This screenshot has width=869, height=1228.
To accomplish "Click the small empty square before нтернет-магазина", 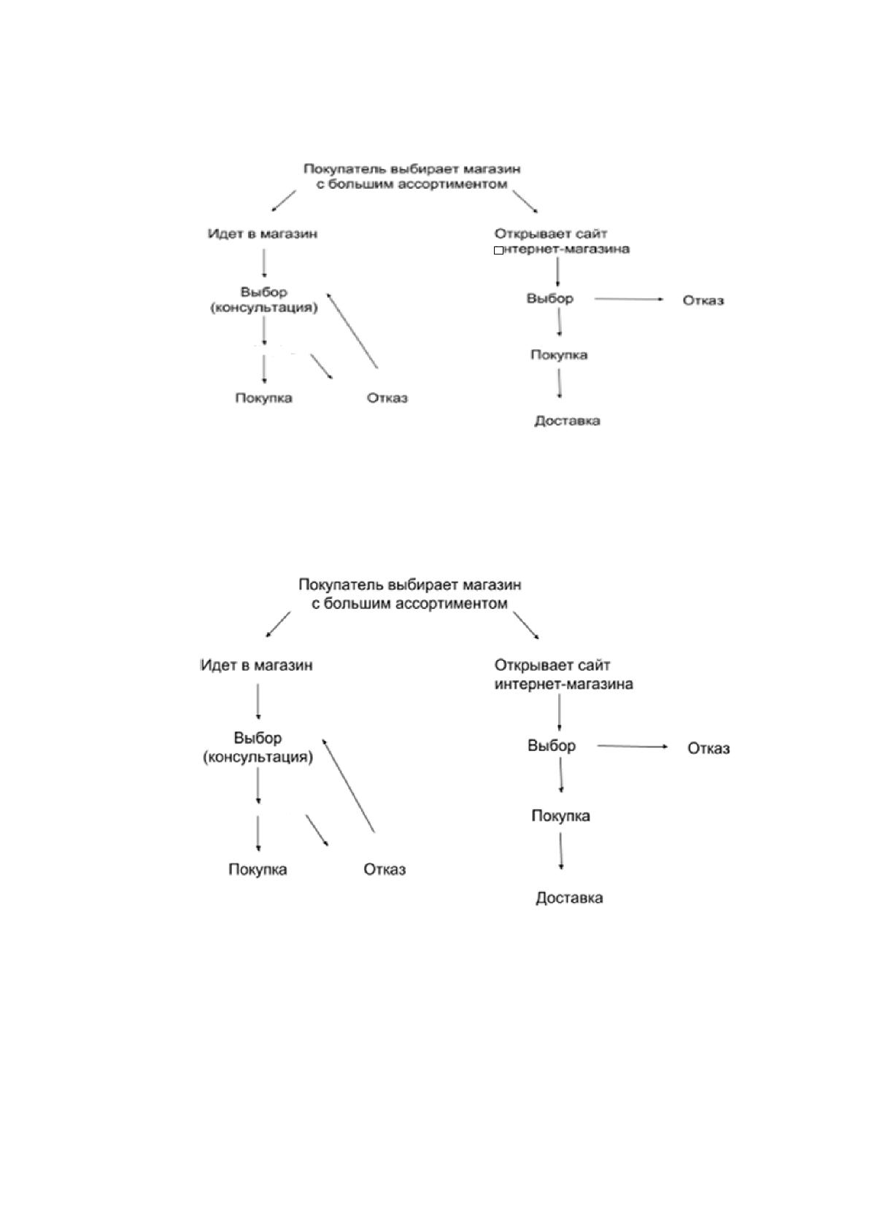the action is [x=498, y=251].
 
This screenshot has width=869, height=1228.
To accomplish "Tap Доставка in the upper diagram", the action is [x=567, y=421].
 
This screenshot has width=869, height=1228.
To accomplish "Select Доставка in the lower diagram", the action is [x=569, y=898].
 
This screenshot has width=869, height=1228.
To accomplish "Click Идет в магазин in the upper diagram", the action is [x=262, y=234].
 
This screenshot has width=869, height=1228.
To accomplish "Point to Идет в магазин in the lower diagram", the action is [x=256, y=666].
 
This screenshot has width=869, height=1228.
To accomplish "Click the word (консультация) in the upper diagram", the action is [x=264, y=308].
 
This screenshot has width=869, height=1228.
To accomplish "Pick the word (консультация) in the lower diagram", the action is [x=258, y=758].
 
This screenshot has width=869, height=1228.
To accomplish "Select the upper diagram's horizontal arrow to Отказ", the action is [x=629, y=299].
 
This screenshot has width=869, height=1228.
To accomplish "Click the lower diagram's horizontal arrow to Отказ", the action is [x=632, y=746].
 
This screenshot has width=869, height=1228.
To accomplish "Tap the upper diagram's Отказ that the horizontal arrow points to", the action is [x=703, y=300].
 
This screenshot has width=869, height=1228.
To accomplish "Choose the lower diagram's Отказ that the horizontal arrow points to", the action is [x=708, y=749].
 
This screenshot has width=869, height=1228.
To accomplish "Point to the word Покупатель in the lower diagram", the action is [x=341, y=585].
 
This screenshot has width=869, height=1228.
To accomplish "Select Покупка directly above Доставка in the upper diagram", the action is [x=559, y=355].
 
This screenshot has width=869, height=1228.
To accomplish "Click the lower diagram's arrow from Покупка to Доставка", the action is [x=560, y=852].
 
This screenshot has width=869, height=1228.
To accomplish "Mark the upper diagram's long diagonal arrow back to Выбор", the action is [x=352, y=330].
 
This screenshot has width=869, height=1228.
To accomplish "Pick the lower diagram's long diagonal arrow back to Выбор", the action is [x=348, y=785].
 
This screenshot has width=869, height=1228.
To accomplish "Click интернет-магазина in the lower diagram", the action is [x=564, y=684].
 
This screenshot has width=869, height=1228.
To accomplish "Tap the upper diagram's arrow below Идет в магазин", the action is [x=264, y=263].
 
